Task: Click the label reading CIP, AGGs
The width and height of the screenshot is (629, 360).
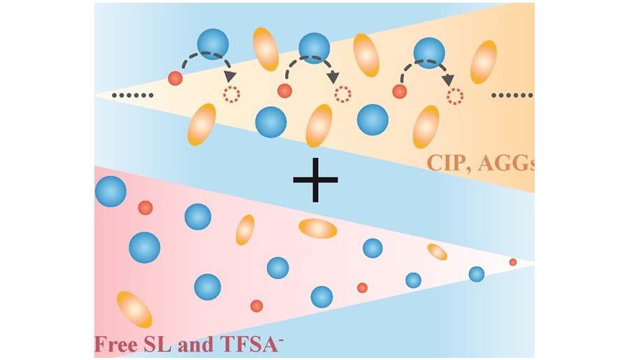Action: (x=482, y=164)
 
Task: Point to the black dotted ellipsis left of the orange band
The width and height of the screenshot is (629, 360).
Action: (x=129, y=94)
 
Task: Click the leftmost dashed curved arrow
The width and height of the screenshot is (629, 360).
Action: (x=204, y=61)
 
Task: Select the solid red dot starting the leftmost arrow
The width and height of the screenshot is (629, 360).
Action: (x=175, y=78)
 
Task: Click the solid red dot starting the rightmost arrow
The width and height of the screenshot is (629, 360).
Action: (x=399, y=91)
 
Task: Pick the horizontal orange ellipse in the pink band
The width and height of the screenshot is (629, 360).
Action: (x=318, y=228)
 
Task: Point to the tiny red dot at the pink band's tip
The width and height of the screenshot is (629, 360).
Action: (x=513, y=262)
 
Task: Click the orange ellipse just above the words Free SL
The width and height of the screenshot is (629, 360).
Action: (x=134, y=310)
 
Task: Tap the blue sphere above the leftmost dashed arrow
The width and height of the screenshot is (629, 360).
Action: (x=212, y=43)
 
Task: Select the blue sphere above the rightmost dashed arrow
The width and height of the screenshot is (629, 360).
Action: (x=428, y=52)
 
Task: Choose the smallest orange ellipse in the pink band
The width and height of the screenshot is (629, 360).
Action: (x=438, y=252)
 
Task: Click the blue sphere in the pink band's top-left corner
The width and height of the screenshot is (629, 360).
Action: (x=110, y=191)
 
